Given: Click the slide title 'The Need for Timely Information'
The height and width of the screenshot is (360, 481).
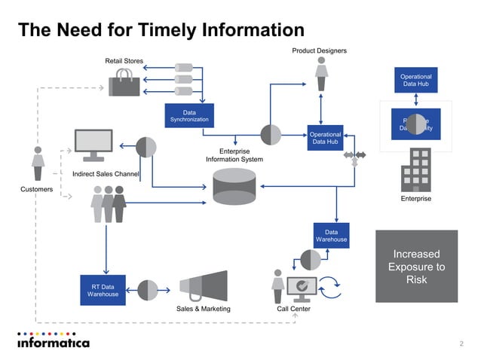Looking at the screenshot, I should point(161,30).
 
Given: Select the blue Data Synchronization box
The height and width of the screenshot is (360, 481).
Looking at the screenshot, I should point(188,116).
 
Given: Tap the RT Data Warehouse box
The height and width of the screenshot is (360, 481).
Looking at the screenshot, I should point(103,290).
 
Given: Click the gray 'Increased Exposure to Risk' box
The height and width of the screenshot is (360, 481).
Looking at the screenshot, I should point(416,266).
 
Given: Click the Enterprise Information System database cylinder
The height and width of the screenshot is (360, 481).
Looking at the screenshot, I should point(234,187).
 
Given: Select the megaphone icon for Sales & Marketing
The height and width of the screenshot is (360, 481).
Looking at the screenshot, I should point(204,286).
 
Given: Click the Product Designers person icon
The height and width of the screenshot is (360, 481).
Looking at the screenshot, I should point(321,73).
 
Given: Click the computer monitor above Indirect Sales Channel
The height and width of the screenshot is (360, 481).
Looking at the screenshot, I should point(93,145).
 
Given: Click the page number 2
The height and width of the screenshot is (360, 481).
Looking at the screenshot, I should point(461,343).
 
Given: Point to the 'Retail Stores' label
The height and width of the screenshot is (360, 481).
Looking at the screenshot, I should point(124,60).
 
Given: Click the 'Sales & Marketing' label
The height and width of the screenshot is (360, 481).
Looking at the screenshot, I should point(203,309).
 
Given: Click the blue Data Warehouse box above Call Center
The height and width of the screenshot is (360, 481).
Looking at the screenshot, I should point(331,235).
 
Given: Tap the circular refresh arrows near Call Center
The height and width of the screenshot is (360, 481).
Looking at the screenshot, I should point(330,286).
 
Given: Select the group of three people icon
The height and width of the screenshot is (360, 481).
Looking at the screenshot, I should point(109,203).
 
